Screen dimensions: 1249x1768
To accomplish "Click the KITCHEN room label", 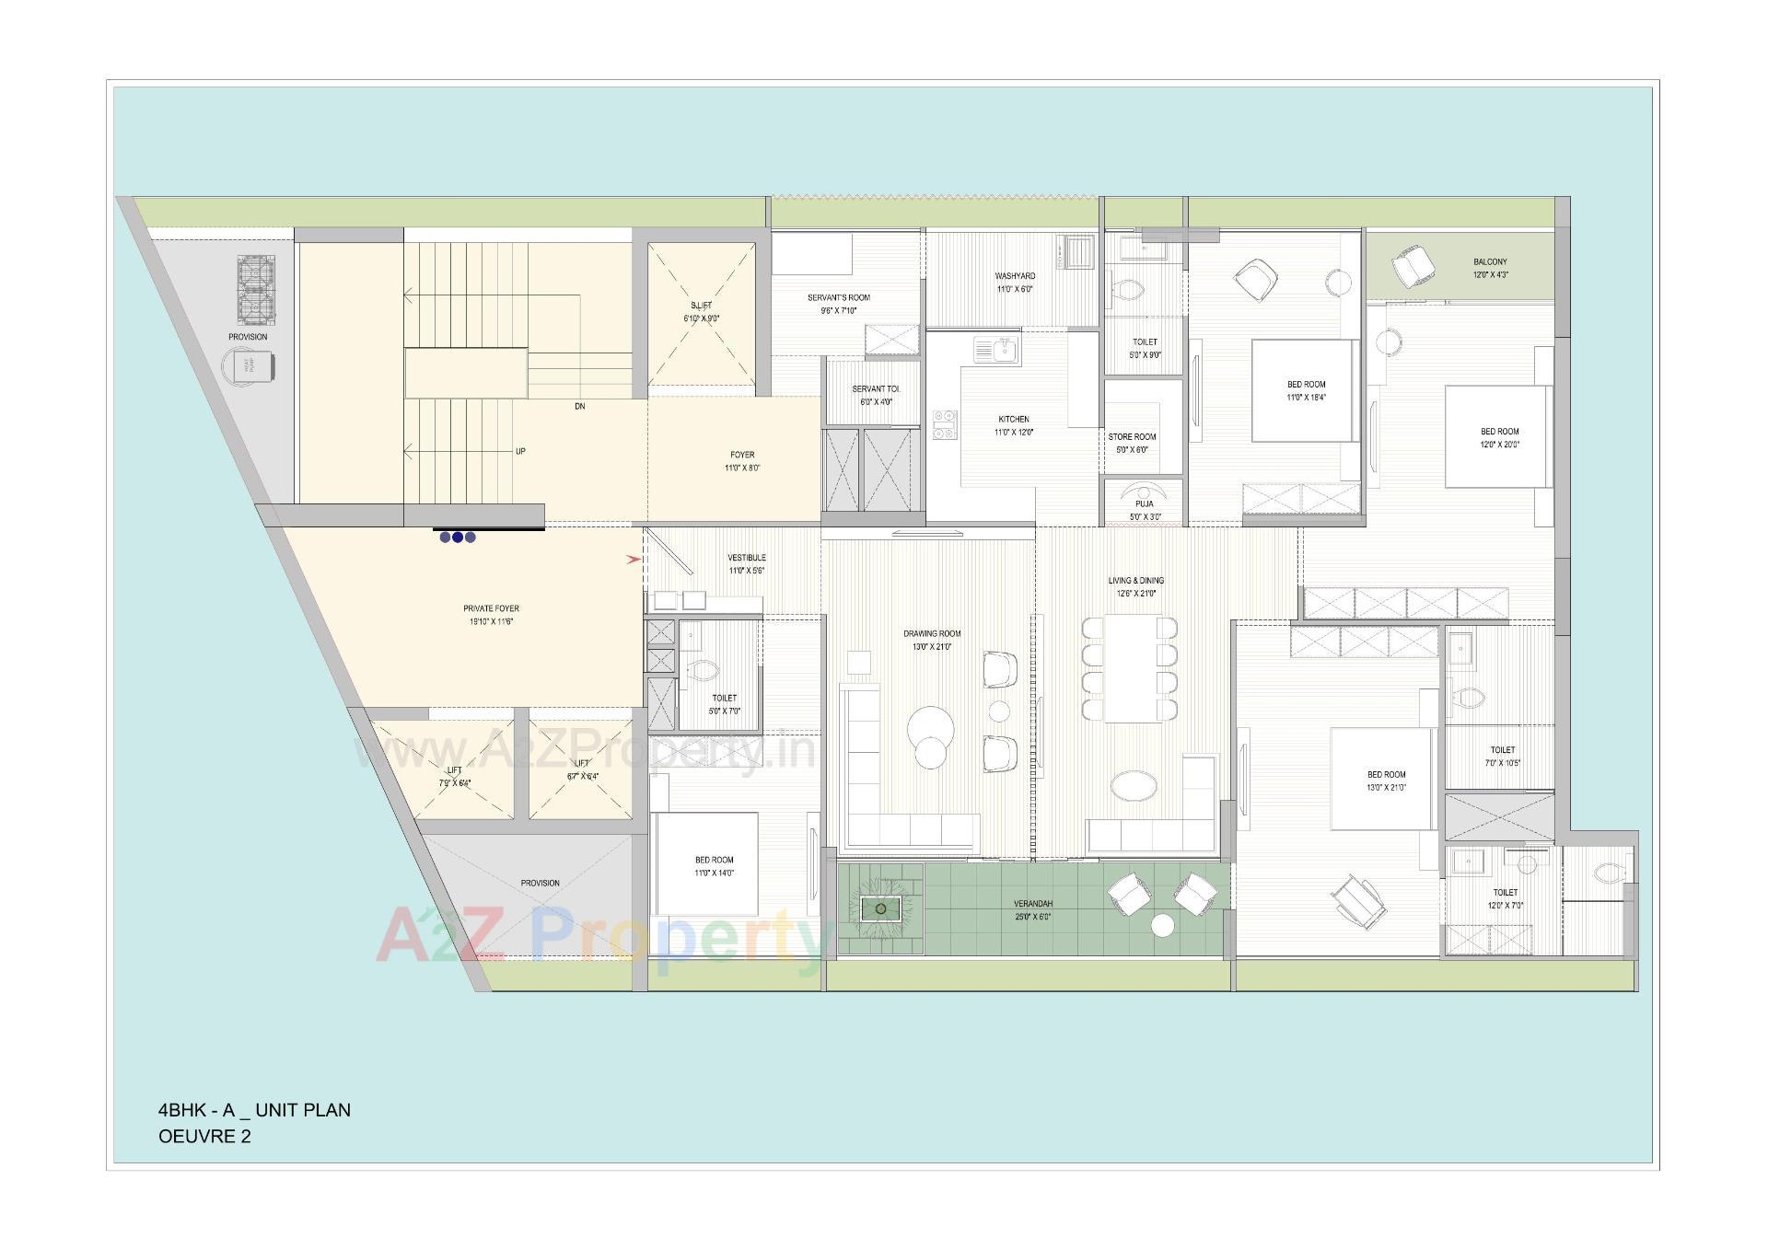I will (x=1013, y=420).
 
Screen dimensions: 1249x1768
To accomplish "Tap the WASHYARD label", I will (x=1014, y=276).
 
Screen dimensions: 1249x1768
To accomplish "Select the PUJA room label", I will (x=1144, y=504).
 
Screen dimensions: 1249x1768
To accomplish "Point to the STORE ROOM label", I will (x=1132, y=437).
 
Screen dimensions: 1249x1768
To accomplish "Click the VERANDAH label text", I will (x=1032, y=904).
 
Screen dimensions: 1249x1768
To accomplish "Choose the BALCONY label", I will (x=1490, y=262).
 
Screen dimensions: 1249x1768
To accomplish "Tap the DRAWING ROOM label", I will (x=932, y=633).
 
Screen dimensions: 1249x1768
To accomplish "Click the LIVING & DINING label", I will (x=1135, y=581).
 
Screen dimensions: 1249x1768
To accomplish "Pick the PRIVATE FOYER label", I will (x=491, y=608).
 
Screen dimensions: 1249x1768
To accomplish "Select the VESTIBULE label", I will (x=746, y=558).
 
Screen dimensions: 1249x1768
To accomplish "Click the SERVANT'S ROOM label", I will (x=838, y=297).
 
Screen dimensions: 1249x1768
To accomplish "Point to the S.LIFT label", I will (x=701, y=306).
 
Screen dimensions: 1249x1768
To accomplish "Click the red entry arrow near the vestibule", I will (x=634, y=559).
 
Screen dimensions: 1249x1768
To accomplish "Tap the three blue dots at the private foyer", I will (x=458, y=538).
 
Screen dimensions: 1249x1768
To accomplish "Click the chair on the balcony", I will (x=1413, y=267).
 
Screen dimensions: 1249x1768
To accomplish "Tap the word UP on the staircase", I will (x=520, y=451).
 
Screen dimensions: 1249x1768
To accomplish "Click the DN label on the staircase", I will (x=579, y=406).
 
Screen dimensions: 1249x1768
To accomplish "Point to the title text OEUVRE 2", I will (x=204, y=1136).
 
